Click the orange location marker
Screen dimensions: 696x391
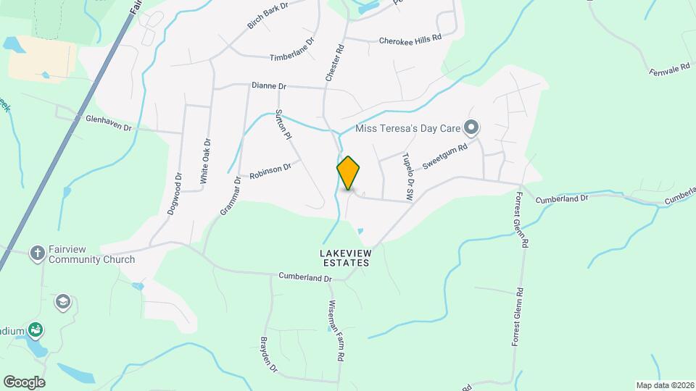349,173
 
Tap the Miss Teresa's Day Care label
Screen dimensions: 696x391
409,129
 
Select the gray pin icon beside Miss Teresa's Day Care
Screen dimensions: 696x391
471,129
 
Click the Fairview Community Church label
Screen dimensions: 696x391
91,254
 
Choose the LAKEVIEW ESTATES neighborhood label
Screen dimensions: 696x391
345,258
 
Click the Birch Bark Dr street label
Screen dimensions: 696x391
268,15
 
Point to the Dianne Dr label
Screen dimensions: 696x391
269,85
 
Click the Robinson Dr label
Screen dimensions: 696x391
270,172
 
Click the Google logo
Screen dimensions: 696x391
25,382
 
